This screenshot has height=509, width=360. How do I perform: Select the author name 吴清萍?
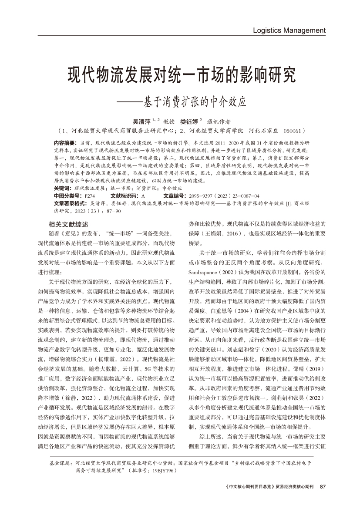point(141,121)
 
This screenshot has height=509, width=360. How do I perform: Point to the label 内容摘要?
point(64,143)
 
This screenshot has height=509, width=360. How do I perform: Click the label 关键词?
point(61,188)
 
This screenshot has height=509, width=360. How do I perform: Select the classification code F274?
point(88,196)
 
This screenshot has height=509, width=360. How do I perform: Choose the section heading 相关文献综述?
point(69,225)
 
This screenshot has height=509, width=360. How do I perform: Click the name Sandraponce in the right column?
point(204,272)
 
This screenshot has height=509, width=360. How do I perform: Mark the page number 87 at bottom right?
point(323,487)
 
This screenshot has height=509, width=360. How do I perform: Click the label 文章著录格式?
point(70,203)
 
